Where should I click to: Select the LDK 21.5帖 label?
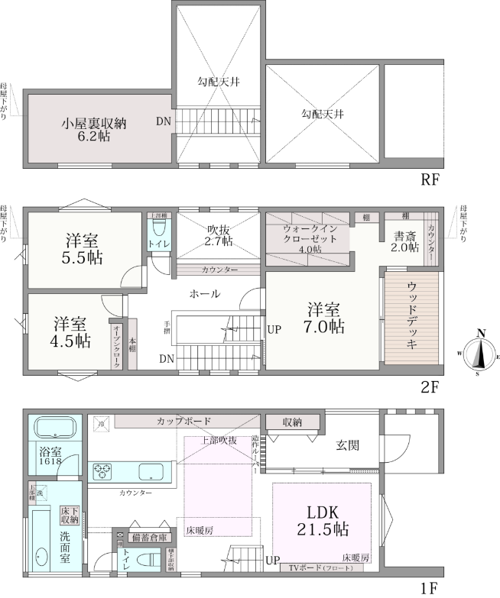(322, 519)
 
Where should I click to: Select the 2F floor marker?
(429, 386)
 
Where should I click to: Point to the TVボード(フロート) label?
(316, 567)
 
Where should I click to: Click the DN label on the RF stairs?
(164, 121)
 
